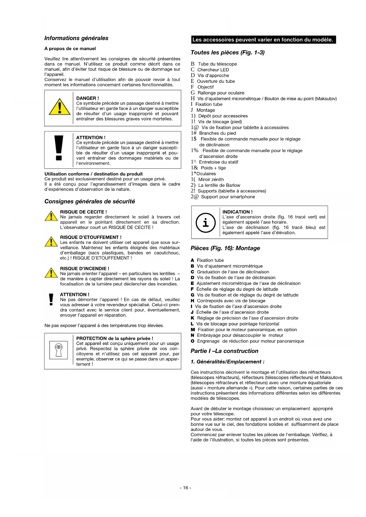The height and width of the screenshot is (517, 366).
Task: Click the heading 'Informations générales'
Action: [x=76, y=38]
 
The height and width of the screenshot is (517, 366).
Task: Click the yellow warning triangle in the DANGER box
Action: [x=60, y=107]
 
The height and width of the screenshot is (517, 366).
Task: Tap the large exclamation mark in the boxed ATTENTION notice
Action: [x=59, y=148]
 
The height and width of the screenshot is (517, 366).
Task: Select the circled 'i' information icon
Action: [x=206, y=222]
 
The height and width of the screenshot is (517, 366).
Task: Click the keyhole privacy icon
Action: [x=59, y=350]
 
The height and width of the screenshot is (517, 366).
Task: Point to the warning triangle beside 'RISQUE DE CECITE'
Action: [x=51, y=216]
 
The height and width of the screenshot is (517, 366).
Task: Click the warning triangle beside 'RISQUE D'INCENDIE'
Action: [x=51, y=273]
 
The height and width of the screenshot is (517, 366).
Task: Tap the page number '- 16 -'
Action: [x=186, y=488]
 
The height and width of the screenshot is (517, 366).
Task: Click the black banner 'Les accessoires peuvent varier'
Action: [x=263, y=40]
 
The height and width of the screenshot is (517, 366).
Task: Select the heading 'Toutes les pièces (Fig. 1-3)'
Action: [x=227, y=52]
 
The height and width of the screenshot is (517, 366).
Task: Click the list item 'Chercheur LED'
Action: [x=213, y=70]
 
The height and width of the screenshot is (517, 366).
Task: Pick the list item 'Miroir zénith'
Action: [x=211, y=180]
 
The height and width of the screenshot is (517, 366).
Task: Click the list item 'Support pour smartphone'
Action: [x=228, y=197]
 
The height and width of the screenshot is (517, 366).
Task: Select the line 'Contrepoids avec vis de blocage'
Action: [x=231, y=301]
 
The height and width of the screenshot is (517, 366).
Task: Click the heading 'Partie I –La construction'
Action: [x=224, y=351]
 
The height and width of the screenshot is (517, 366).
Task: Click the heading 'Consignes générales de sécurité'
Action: [x=90, y=201]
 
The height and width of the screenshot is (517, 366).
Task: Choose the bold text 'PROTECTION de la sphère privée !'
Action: [x=114, y=338]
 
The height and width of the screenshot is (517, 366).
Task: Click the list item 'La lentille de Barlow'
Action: [x=219, y=185]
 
